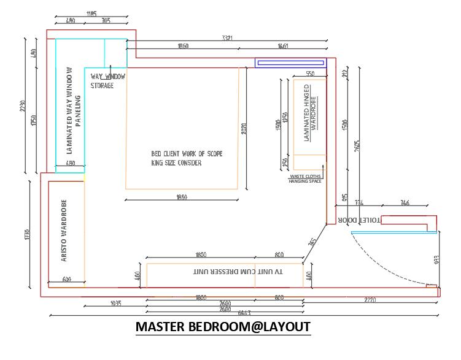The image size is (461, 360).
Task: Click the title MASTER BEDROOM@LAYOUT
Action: tap(223, 326)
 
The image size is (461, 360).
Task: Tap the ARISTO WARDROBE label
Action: tap(64, 231)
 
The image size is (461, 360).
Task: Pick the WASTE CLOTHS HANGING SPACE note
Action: tap(305, 178)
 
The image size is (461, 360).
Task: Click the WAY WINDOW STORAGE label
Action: tap(108, 81)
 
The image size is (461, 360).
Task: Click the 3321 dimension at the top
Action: tap(227, 39)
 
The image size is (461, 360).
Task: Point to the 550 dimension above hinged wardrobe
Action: tap(310, 74)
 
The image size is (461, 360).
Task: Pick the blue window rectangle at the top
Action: tap(291, 62)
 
